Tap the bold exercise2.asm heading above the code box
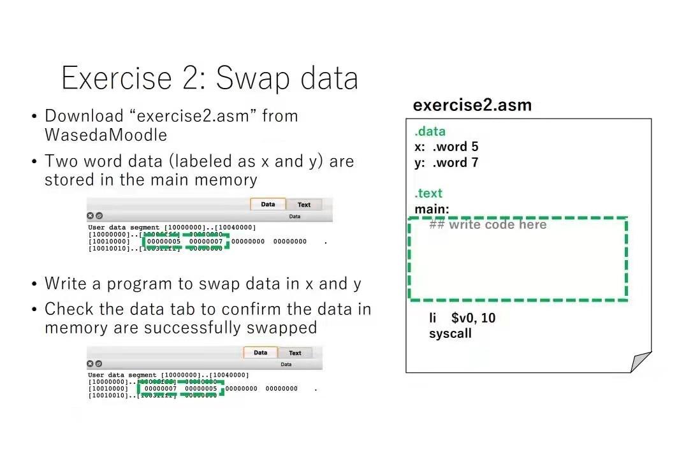pyautogui.click(x=472, y=105)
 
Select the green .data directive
pyautogui.click(x=430, y=131)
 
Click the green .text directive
pyautogui.click(x=428, y=193)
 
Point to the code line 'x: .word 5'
pyautogui.click(x=446, y=147)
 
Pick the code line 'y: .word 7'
pyautogui.click(x=446, y=163)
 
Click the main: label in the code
pyautogui.click(x=432, y=209)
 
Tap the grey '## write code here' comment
pyautogui.click(x=488, y=224)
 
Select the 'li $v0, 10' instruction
pyautogui.click(x=462, y=317)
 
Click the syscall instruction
pyautogui.click(x=450, y=333)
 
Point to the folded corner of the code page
pyautogui.click(x=640, y=361)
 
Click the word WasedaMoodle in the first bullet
pyautogui.click(x=106, y=135)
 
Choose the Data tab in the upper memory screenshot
pyautogui.click(x=268, y=205)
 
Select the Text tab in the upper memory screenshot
pyautogui.click(x=304, y=205)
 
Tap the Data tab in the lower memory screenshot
pyautogui.click(x=260, y=353)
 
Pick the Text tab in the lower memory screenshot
pyautogui.click(x=295, y=353)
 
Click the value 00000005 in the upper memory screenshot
pyautogui.click(x=164, y=242)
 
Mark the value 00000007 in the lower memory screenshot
pyautogui.click(x=161, y=388)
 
